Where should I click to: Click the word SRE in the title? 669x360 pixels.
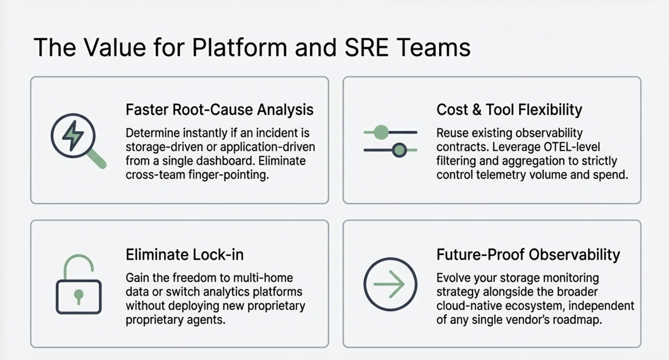[366, 48]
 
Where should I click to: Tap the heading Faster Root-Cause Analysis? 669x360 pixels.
[219, 110]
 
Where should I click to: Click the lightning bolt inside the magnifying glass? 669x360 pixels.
[73, 136]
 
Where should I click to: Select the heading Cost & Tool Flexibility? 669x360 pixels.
[509, 110]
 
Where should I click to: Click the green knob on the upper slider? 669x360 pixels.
[381, 132]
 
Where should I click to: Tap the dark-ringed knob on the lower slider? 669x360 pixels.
[399, 150]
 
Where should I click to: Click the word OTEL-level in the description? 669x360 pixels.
[572, 147]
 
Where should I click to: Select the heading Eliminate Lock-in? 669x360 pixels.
[184, 255]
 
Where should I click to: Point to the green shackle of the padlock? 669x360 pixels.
[79, 264]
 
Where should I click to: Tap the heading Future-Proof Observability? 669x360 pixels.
[528, 255]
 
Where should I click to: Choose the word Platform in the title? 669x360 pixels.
[239, 48]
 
